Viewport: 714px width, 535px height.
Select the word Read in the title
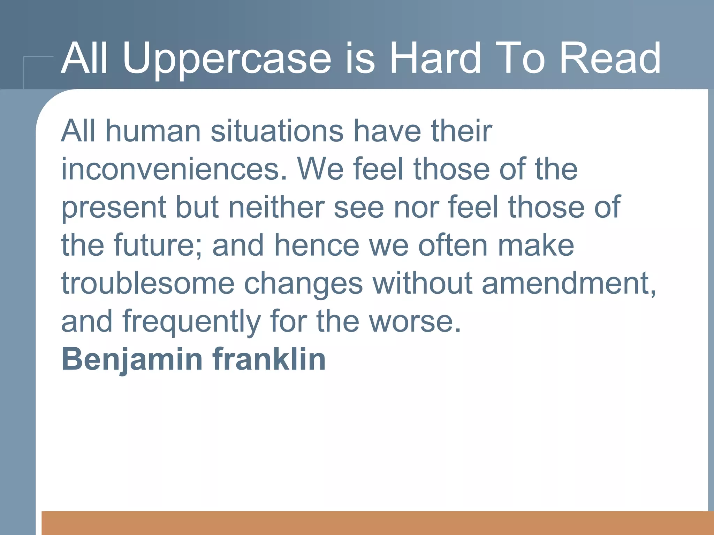610,58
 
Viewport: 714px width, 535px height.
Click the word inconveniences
174,169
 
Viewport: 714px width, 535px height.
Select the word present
113,208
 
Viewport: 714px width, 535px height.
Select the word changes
303,284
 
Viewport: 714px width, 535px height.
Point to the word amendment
568,284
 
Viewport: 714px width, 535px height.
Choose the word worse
415,322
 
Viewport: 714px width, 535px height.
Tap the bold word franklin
269,359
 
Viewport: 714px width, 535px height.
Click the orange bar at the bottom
377,523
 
